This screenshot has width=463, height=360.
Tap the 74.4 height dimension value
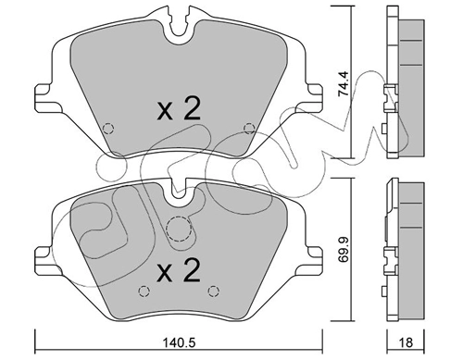click(x=343, y=84)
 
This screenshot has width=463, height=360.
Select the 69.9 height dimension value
click(x=343, y=249)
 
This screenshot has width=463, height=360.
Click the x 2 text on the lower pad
click(x=179, y=270)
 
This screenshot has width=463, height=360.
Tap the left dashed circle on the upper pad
click(x=108, y=128)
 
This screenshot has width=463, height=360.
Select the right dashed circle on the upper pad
click(x=249, y=128)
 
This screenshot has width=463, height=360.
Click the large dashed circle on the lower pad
click(x=179, y=229)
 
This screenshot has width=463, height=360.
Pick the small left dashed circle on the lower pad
click(x=144, y=291)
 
